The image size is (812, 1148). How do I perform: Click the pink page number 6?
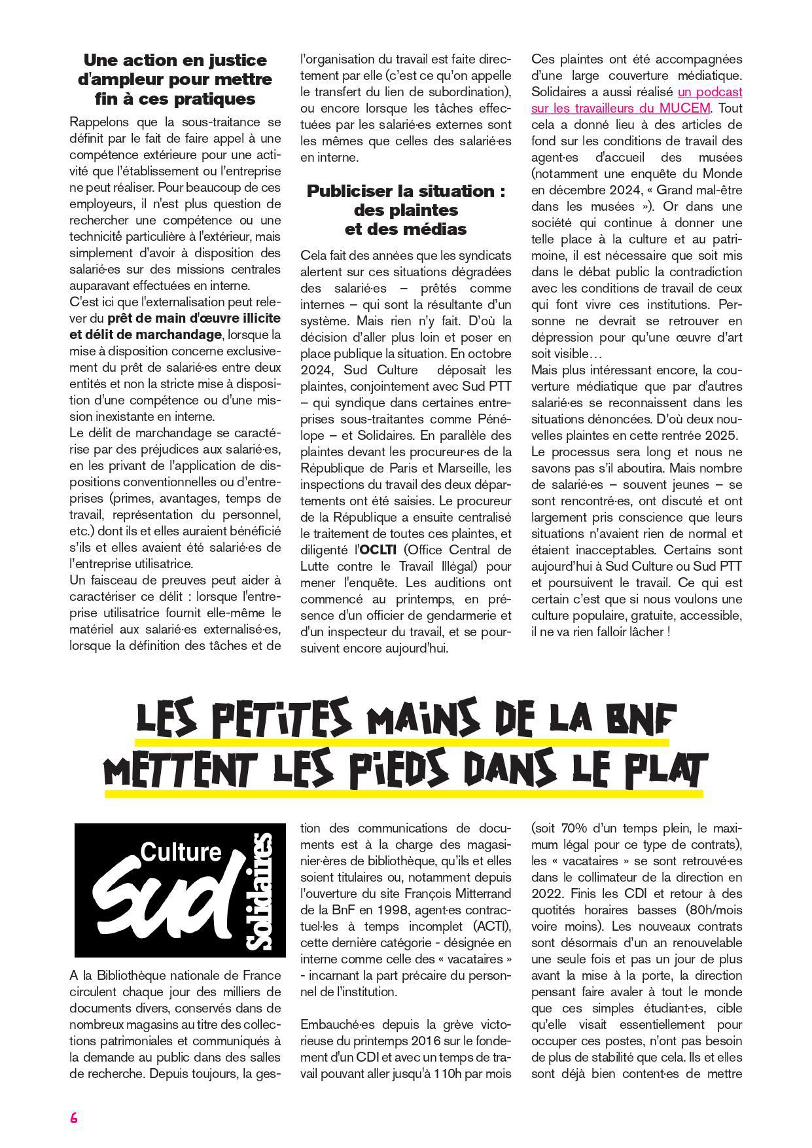click(74, 1118)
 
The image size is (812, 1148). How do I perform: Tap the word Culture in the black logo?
click(181, 852)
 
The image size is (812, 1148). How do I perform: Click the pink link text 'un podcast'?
click(710, 92)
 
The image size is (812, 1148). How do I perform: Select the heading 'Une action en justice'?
click(175, 60)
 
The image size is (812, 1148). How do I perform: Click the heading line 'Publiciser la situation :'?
click(406, 191)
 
